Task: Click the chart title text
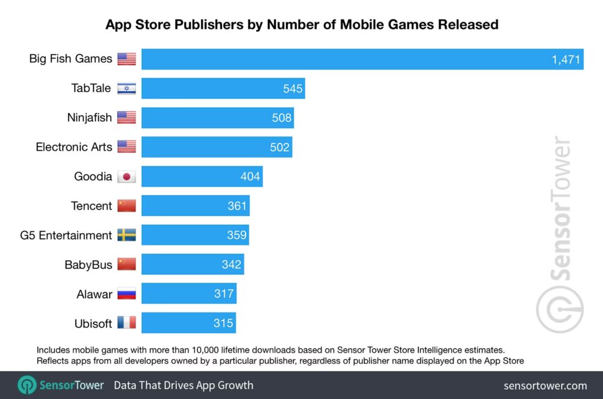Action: (301, 25)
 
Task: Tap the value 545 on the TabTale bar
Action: (292, 88)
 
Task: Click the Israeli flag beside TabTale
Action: (127, 88)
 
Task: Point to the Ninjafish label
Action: (90, 118)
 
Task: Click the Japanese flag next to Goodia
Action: (127, 177)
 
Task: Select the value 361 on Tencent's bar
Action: (237, 206)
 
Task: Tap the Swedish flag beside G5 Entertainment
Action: (127, 235)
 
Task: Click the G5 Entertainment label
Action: (66, 235)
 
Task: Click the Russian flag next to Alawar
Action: (127, 294)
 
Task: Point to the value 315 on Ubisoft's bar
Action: (224, 323)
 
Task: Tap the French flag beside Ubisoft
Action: (127, 323)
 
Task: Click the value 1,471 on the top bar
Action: (566, 59)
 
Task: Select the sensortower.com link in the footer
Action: (545, 385)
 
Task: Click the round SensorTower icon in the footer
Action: (27, 385)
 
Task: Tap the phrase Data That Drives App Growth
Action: (183, 385)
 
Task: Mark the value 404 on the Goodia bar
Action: (250, 177)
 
